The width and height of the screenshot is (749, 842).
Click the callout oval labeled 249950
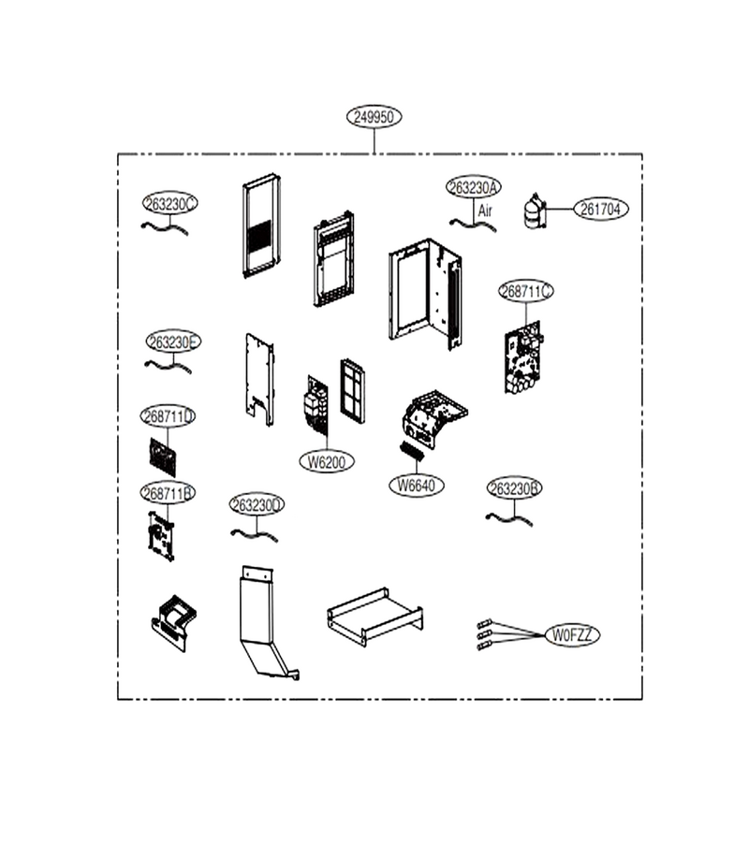(374, 117)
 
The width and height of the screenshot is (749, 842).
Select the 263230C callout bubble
(170, 204)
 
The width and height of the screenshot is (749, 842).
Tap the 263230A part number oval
(474, 187)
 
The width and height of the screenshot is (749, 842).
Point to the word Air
(485, 210)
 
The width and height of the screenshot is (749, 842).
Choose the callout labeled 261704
(601, 209)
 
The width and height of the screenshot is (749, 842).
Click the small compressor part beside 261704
(535, 211)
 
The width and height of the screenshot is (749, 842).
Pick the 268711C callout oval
(526, 291)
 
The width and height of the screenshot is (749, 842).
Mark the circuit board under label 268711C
(523, 357)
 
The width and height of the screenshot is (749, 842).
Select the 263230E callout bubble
(173, 341)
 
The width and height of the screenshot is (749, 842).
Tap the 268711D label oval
(168, 416)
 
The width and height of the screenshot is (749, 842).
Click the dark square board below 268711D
(163, 457)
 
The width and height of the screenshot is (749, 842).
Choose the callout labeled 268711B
(168, 493)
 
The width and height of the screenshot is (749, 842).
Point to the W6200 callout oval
(327, 462)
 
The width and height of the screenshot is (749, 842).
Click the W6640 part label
(417, 486)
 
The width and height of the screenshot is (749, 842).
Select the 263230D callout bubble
(257, 505)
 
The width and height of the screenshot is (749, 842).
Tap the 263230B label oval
(515, 488)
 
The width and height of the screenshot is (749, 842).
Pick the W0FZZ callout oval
(572, 635)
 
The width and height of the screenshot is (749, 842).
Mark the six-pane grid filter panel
(352, 391)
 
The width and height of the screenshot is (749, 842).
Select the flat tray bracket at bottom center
(375, 617)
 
